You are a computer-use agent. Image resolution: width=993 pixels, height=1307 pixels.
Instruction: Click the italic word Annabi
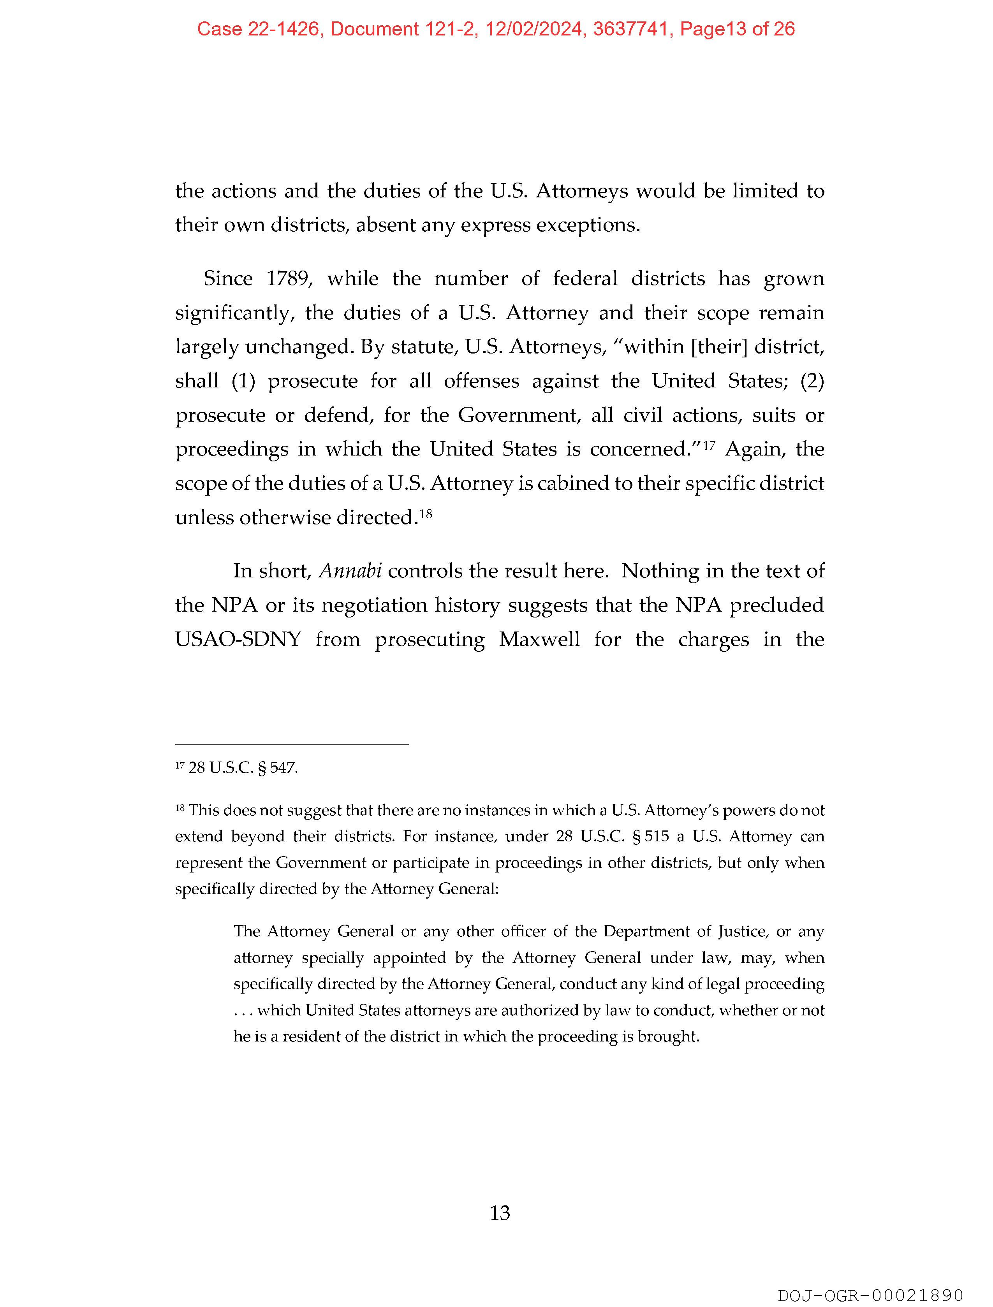coord(350,571)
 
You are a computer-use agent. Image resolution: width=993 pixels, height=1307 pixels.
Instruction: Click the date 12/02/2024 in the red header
coord(534,29)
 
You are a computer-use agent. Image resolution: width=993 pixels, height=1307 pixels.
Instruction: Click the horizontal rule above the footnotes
coord(292,745)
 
